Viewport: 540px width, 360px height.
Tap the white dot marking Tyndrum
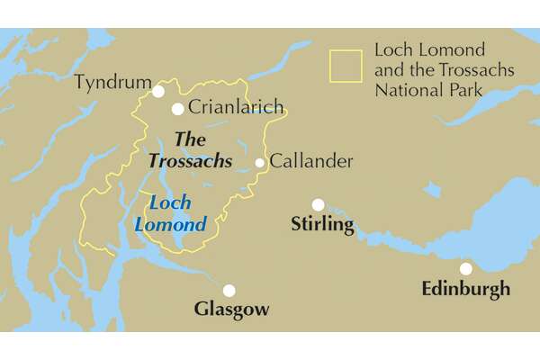click(158, 91)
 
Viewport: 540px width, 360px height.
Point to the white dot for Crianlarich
click(178, 109)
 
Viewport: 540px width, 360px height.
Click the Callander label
click(311, 162)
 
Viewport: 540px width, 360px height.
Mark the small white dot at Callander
click(260, 163)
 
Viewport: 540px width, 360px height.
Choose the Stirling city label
click(322, 224)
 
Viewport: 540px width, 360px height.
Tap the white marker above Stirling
click(318, 204)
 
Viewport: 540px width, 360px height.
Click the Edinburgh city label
click(465, 289)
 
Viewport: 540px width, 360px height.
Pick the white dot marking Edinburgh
click(465, 268)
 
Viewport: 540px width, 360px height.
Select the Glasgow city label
click(231, 310)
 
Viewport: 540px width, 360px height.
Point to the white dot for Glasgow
click(229, 290)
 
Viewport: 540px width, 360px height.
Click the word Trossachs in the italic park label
click(190, 161)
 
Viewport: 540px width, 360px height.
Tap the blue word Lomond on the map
click(170, 225)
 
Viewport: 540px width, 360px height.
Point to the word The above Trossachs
click(189, 139)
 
